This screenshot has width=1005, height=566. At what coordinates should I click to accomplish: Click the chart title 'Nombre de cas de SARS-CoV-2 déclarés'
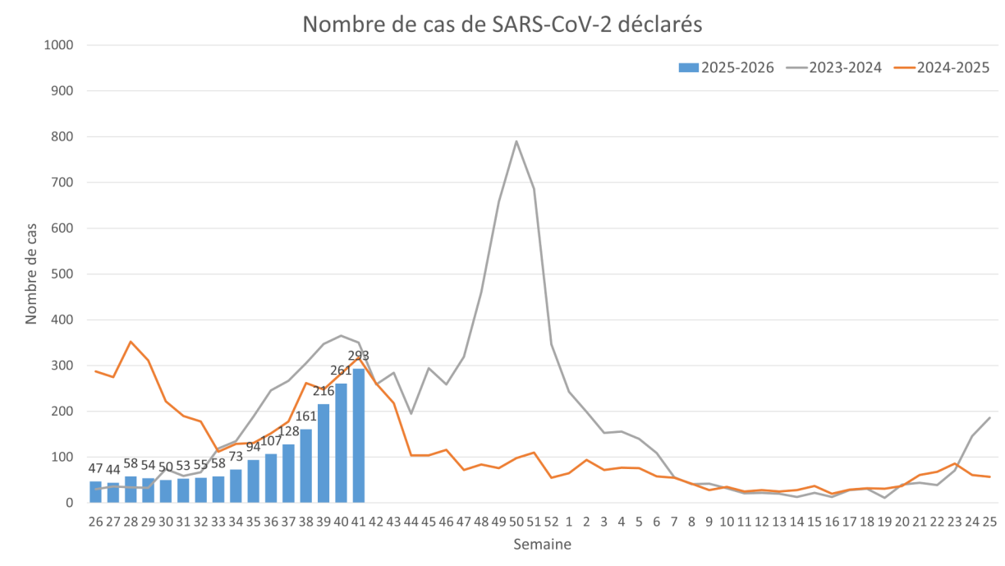502,25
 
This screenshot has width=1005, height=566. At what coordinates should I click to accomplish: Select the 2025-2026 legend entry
727,67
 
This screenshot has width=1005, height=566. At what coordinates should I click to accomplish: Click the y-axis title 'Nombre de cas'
31,274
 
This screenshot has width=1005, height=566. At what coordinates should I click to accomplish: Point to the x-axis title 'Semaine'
542,544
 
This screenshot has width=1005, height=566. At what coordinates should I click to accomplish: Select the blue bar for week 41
359,435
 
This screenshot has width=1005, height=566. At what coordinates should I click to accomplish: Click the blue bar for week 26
96,491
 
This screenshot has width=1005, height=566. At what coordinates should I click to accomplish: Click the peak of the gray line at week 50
516,141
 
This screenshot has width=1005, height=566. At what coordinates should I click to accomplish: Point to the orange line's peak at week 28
131,341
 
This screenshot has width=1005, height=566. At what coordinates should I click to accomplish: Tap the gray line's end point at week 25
989,418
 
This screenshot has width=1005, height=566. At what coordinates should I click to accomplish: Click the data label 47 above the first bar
96,468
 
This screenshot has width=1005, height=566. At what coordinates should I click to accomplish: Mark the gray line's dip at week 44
411,414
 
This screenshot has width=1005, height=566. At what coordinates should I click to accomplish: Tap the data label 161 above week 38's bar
306,416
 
